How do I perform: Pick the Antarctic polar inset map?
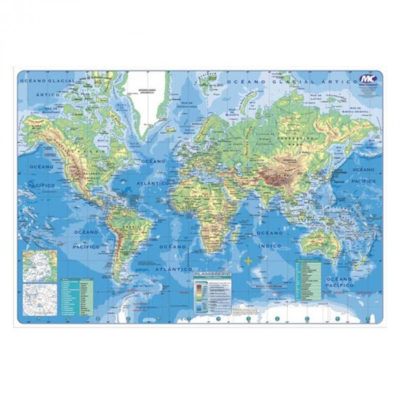(x=40, y=299)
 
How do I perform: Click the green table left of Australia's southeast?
(x=309, y=280)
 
